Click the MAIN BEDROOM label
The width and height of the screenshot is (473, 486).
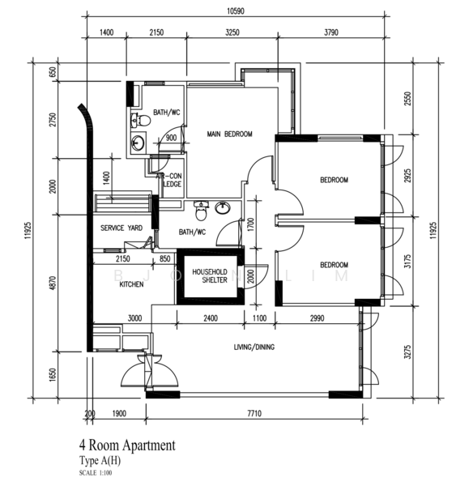tap(229, 134)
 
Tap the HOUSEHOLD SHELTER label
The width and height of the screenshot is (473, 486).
tap(210, 276)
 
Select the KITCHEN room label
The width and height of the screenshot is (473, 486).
tap(131, 284)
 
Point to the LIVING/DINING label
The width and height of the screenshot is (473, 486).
tap(254, 347)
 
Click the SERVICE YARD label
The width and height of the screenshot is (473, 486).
tap(121, 228)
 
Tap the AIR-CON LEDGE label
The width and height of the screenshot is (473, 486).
tap(169, 180)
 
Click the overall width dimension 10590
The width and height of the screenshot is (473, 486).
tap(236, 11)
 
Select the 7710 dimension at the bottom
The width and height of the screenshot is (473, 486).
tap(254, 413)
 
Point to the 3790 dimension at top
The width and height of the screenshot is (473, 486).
tap(331, 32)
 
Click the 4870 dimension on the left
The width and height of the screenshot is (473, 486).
tap(53, 283)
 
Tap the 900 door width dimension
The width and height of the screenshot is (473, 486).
tap(171, 138)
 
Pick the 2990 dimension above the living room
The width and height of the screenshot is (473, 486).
tap(317, 318)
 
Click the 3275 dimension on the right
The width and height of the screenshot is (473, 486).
tap(408, 352)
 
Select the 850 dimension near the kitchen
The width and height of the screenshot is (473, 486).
tap(164, 259)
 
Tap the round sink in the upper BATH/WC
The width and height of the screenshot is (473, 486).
tap(138, 143)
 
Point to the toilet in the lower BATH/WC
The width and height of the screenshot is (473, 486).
tap(201, 211)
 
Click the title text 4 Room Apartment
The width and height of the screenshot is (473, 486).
tap(127, 446)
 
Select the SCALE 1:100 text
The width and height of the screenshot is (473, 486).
tap(96, 473)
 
